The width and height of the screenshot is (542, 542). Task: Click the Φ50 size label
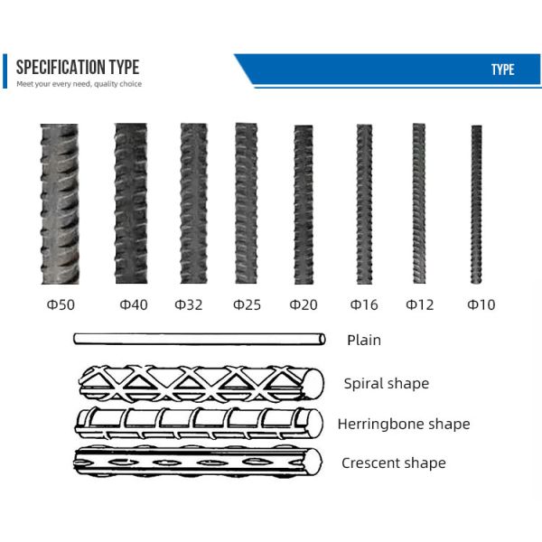(61, 304)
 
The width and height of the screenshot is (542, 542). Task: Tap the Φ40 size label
(134, 304)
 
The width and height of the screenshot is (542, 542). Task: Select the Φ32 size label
(189, 304)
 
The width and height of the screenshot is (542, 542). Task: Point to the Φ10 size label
(481, 304)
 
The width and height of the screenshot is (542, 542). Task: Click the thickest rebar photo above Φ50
(60, 204)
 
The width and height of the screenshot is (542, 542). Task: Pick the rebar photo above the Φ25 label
(246, 203)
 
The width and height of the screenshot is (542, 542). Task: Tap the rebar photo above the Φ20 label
(304, 205)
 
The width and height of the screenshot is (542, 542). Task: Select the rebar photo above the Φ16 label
(364, 204)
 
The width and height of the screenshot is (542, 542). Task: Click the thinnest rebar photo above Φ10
(477, 205)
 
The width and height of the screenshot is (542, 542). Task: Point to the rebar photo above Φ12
(419, 203)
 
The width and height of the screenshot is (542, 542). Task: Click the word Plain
(364, 341)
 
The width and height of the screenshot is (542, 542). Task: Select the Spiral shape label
(387, 384)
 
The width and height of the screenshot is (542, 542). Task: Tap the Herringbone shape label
(404, 425)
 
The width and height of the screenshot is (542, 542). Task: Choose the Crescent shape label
(394, 463)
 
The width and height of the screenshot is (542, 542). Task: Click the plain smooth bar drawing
(200, 339)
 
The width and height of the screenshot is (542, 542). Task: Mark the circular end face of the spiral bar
(314, 383)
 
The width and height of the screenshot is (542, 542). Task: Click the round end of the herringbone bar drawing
(314, 424)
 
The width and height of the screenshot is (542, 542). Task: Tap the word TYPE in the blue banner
(503, 70)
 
